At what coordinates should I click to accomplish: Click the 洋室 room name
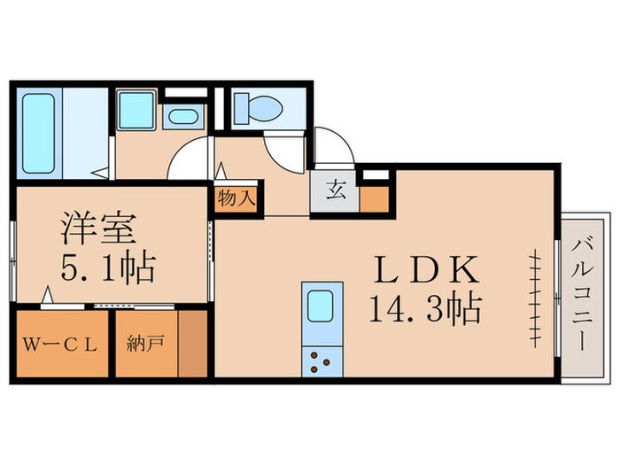97,229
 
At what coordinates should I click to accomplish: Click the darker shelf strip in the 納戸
192,344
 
